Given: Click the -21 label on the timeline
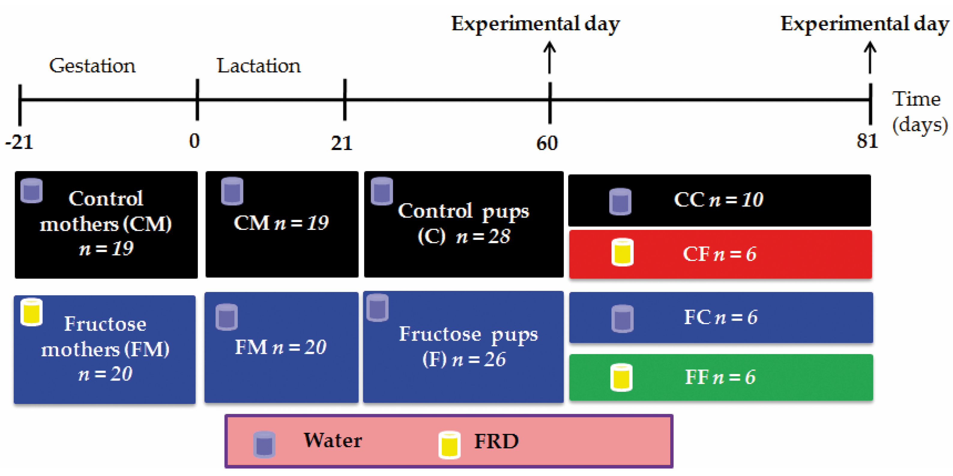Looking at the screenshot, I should (x=19, y=142).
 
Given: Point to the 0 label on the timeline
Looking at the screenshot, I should (x=195, y=141).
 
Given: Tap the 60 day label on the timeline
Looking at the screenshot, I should (x=547, y=143).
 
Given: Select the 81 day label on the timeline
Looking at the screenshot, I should (x=867, y=141).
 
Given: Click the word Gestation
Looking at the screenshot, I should (x=92, y=66).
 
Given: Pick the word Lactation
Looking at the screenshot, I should (x=259, y=66).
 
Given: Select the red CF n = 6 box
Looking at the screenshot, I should (x=720, y=254).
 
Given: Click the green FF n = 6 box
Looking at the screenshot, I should (x=721, y=377).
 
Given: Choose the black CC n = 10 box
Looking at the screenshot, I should (x=719, y=200).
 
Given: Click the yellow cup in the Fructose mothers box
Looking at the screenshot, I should (x=32, y=312).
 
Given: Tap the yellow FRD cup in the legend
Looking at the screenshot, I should (x=450, y=445).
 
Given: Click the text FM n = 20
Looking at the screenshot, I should (x=280, y=347).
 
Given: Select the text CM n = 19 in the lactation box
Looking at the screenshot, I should (x=281, y=223).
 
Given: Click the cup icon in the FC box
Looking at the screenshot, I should (x=622, y=318).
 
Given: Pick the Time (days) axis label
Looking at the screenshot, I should (x=919, y=112).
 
